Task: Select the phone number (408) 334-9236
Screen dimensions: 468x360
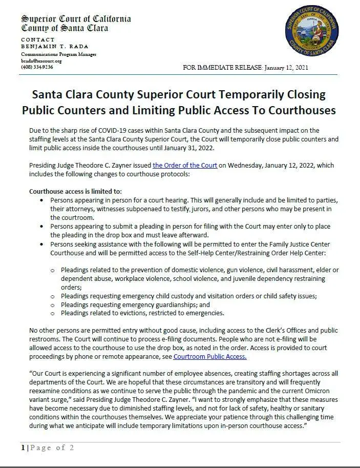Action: [36, 67]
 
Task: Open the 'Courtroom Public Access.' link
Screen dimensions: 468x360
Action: [210, 356]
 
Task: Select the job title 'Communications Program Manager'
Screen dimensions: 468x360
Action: [58, 54]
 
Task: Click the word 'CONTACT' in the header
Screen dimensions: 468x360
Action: [37, 39]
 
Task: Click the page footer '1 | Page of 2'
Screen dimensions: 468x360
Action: [48, 447]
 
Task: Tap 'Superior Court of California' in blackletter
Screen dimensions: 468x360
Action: [76, 19]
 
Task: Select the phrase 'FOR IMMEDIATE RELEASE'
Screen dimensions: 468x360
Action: [223, 68]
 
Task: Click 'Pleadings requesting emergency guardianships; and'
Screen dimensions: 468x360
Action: [138, 304]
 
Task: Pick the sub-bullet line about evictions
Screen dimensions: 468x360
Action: [142, 313]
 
